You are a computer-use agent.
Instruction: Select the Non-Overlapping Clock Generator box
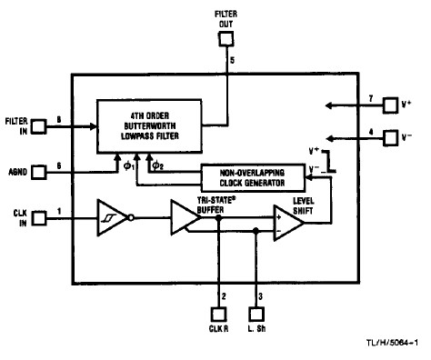[x=256, y=176]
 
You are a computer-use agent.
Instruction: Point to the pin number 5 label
[x=233, y=60]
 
